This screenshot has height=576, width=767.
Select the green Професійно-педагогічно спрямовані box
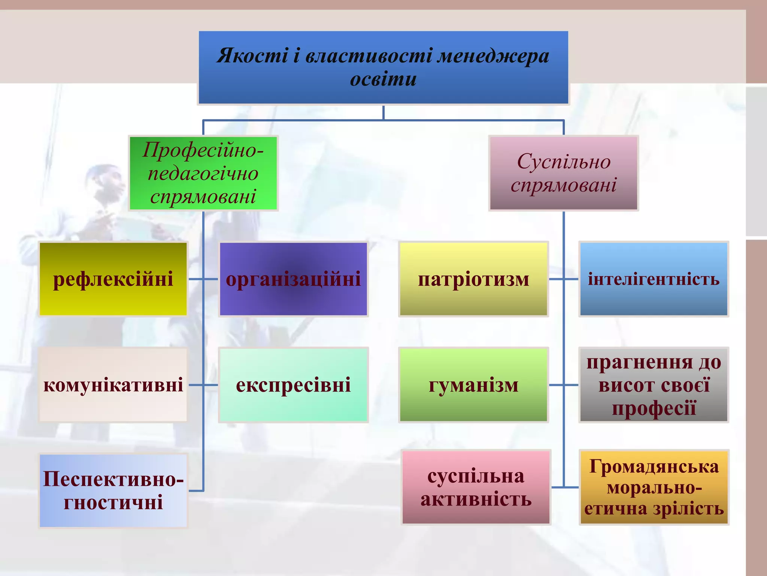pyautogui.click(x=203, y=173)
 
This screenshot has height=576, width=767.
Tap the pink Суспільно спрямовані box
pyautogui.click(x=563, y=173)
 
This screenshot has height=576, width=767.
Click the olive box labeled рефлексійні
pyautogui.click(x=113, y=279)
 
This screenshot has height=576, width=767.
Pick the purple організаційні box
pyautogui.click(x=293, y=279)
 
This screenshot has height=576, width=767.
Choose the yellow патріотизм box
pyautogui.click(x=473, y=279)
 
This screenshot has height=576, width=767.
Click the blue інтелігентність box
pyautogui.click(x=654, y=279)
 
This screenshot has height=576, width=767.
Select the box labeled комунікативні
pyautogui.click(x=113, y=385)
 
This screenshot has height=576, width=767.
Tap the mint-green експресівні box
pyautogui.click(x=293, y=385)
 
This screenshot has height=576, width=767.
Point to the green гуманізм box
pyautogui.click(x=473, y=385)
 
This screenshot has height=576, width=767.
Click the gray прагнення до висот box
pyautogui.click(x=654, y=385)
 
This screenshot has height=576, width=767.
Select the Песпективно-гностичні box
pyautogui.click(x=113, y=490)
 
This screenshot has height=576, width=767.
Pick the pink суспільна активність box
pyautogui.click(x=476, y=487)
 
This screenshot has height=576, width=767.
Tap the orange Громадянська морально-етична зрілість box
pyautogui.click(x=654, y=487)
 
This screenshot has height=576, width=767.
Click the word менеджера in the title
pyautogui.click(x=494, y=56)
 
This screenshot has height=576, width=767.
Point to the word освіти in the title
pyautogui.click(x=383, y=79)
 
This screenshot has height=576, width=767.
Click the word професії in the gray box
pyautogui.click(x=654, y=408)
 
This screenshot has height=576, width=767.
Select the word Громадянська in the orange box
pyautogui.click(x=654, y=467)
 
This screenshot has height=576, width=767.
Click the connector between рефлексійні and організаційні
pyautogui.click(x=203, y=279)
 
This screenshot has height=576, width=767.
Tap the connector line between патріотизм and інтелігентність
pyautogui.click(x=564, y=279)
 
